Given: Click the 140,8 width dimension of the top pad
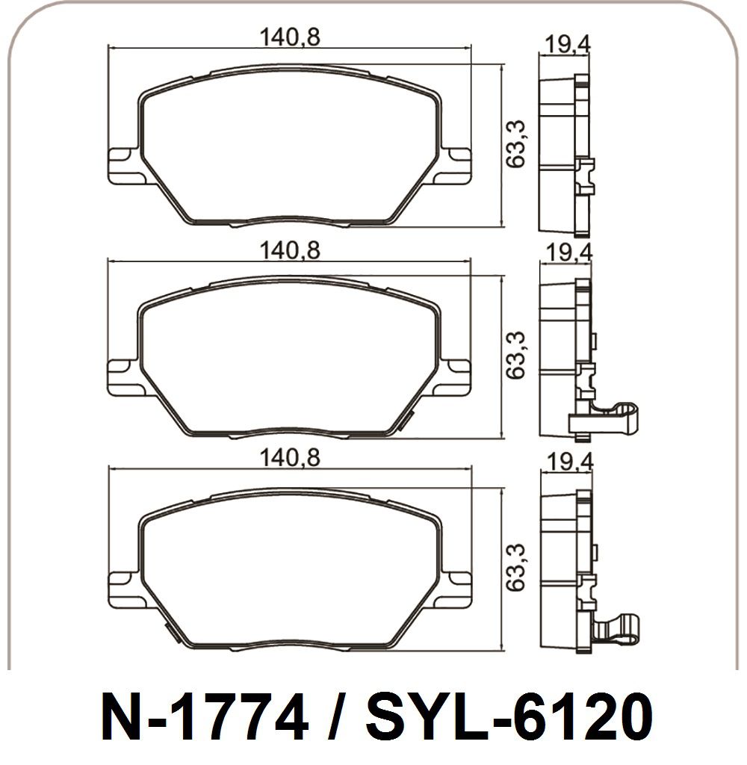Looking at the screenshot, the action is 290,37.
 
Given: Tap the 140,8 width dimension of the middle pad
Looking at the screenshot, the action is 290,251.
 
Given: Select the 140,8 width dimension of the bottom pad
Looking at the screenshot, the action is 290,458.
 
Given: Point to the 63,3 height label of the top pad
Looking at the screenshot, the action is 515,144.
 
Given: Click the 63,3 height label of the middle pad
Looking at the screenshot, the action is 515,355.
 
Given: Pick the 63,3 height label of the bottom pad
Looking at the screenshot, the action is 515,568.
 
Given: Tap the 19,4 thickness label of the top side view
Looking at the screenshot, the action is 567,44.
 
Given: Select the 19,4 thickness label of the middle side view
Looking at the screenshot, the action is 568,253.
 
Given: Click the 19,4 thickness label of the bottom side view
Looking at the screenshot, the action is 570,462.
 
